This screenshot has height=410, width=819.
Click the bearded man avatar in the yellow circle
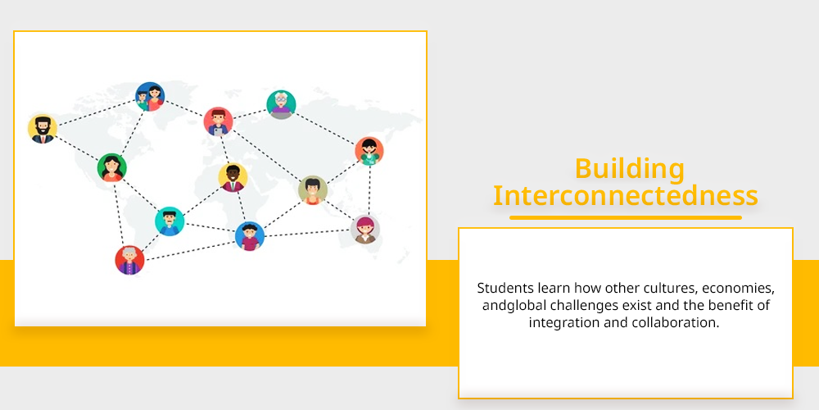[43, 129]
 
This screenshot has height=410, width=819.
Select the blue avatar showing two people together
[150, 97]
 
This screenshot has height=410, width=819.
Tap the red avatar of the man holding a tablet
[219, 121]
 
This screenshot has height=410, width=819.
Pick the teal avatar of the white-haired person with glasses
[281, 105]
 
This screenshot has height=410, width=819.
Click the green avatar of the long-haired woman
[111, 168]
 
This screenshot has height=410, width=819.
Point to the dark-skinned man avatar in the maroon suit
[233, 178]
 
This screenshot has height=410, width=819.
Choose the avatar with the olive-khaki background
[313, 190]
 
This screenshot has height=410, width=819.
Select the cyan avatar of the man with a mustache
[170, 221]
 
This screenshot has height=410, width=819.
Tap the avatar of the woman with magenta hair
[365, 230]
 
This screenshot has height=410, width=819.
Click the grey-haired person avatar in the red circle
[129, 260]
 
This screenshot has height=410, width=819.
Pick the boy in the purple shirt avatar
[250, 236]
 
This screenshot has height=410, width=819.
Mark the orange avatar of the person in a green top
[369, 151]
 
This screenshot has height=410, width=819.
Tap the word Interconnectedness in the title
[626, 196]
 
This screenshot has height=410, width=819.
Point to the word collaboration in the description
[675, 322]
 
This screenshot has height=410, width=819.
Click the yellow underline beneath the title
[626, 217]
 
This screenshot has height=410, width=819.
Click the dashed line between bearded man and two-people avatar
[97, 112]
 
